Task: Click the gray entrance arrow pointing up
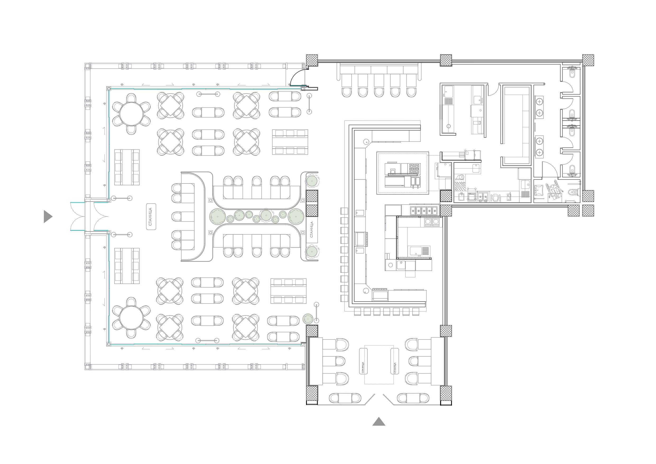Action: pos(379,422)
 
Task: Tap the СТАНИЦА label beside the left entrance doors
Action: pos(151,217)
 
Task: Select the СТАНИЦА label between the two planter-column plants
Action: pos(312,229)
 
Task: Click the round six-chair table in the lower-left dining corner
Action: pos(131,318)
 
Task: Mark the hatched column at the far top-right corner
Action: pos(588,60)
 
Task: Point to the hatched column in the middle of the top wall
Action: pos(446,60)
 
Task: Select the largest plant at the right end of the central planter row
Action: pos(295,217)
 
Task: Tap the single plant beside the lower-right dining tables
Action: pos(308,319)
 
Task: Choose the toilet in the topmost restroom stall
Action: pos(572,73)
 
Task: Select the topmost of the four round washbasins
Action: pos(539,102)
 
